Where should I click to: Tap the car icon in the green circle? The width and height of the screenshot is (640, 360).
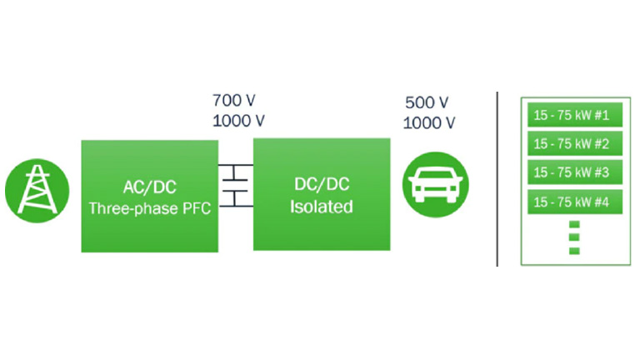point(436,184)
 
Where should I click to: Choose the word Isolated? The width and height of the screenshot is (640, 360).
point(321,207)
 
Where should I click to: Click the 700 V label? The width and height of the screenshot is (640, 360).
point(236,101)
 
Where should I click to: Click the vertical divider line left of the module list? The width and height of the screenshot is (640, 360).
point(497,179)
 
